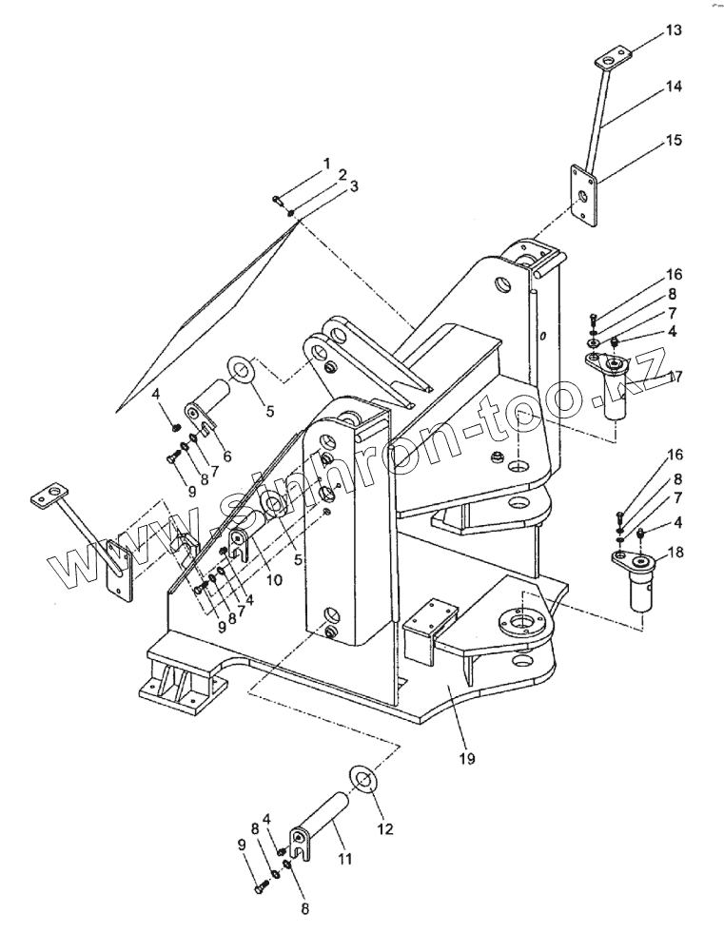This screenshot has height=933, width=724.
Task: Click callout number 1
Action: (326, 163)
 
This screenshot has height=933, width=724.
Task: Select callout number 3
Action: (354, 186)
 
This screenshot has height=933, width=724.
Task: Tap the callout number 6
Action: (226, 457)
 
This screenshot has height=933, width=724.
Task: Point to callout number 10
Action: (274, 578)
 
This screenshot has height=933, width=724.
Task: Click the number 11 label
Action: (344, 859)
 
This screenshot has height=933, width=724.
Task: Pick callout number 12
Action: (385, 828)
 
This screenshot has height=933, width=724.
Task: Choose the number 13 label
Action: (674, 29)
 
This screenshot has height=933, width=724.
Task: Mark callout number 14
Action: (674, 87)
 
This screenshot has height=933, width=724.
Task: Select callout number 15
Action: (674, 141)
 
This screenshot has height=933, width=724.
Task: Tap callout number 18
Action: (675, 553)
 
